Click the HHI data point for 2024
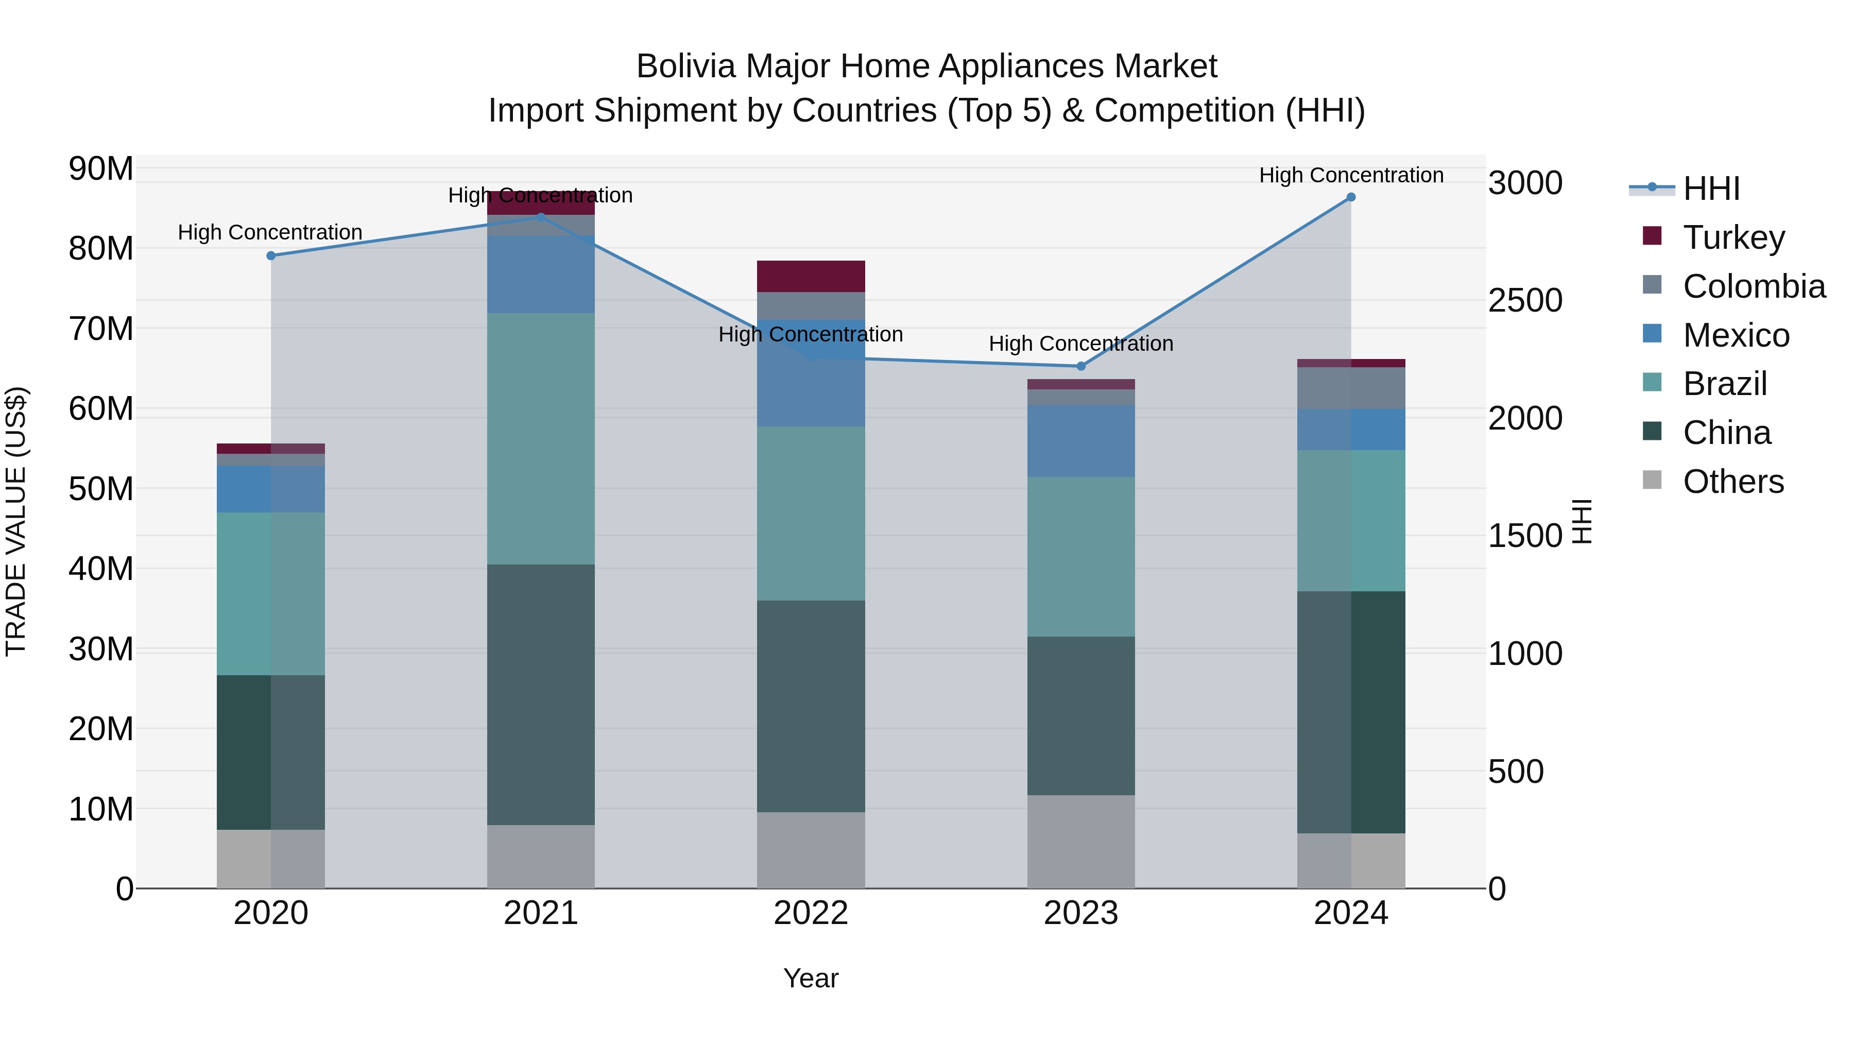click(x=1351, y=197)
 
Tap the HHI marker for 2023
click(x=1081, y=366)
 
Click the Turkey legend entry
click(x=1733, y=237)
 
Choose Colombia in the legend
click(x=1753, y=286)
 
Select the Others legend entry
click(x=1733, y=482)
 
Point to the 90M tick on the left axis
click(x=101, y=169)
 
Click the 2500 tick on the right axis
click(x=1525, y=301)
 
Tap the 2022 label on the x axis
click(x=811, y=913)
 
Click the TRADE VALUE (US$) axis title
click(x=16, y=521)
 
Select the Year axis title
click(x=811, y=978)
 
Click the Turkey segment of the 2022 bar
click(x=811, y=277)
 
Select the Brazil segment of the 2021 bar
click(x=541, y=438)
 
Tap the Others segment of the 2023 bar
click(x=1081, y=842)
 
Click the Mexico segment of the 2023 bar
click(x=1081, y=440)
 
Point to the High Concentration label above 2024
click(x=1351, y=175)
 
